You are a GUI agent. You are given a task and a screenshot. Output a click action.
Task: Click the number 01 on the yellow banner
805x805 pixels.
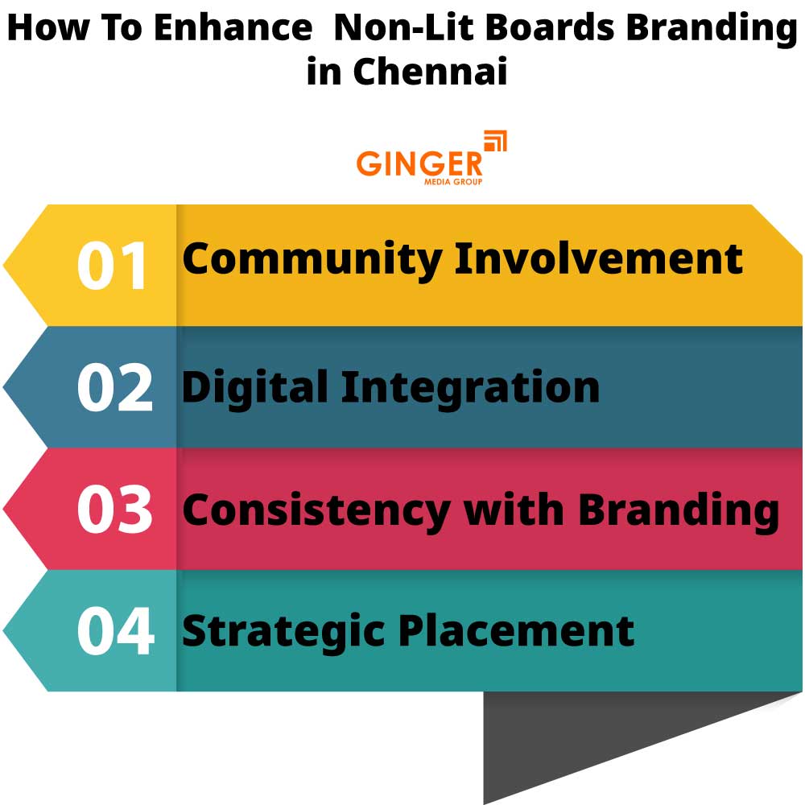(x=113, y=266)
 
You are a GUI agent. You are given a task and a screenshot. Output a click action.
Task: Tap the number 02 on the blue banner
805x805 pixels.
(x=114, y=388)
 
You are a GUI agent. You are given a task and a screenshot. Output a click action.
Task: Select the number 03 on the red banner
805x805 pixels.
(x=114, y=510)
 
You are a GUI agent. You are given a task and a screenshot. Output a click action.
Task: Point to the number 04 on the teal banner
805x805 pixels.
(x=115, y=631)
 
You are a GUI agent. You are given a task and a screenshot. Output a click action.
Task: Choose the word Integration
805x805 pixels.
(x=470, y=388)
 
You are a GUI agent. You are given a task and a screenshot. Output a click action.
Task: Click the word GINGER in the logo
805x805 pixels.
(x=419, y=163)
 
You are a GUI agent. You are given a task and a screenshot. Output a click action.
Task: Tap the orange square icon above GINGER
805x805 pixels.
(x=495, y=142)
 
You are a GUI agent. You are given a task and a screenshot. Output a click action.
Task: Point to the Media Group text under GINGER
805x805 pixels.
(x=453, y=182)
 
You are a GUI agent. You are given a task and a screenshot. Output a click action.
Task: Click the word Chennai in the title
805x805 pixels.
(x=430, y=72)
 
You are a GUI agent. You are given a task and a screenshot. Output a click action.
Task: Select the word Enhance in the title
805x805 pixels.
(x=233, y=28)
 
